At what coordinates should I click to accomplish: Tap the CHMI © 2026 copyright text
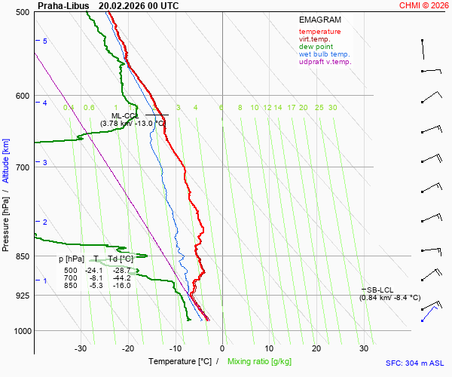coord(423,5)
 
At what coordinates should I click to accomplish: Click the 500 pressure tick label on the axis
coord(23,13)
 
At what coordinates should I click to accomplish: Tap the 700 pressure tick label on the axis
coord(23,167)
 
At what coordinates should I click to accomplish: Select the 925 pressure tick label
coord(23,296)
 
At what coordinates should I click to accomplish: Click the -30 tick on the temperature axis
coord(81,348)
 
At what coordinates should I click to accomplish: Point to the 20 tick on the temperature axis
coord(316,348)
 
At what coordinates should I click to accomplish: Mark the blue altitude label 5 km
coord(45,41)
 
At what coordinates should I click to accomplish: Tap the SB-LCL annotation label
coord(380,290)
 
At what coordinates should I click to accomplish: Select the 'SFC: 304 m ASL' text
coord(414,363)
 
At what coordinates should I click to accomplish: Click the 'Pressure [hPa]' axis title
coord(6,219)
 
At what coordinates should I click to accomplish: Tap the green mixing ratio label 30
coord(332,108)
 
